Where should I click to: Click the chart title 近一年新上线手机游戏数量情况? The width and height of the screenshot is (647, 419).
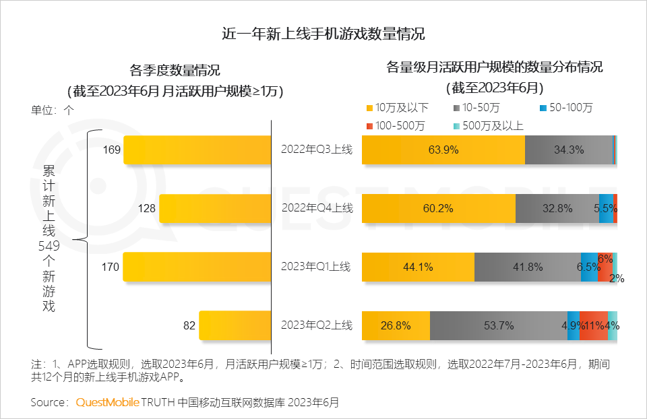point(323,34)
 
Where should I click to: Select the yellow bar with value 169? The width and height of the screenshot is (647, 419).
point(197,150)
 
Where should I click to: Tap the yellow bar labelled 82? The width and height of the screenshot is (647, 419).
point(235,325)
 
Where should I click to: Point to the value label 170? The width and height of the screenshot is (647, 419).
point(110,267)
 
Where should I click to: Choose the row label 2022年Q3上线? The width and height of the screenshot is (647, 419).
point(316,150)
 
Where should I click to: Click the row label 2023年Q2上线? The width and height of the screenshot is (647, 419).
point(316,325)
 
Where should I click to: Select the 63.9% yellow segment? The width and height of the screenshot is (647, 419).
point(443,150)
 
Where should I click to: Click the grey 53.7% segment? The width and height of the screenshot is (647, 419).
point(499,325)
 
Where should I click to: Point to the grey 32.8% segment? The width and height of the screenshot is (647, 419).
point(557,209)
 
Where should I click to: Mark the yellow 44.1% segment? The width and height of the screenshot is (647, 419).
point(418,267)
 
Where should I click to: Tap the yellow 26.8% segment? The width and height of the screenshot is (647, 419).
point(396,325)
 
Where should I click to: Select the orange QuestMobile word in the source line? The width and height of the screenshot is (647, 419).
point(107,402)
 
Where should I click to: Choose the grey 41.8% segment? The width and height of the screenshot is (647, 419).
point(527,267)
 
